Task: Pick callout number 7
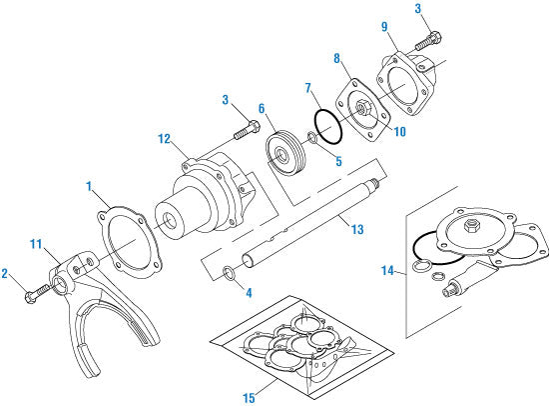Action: coord(308,88)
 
